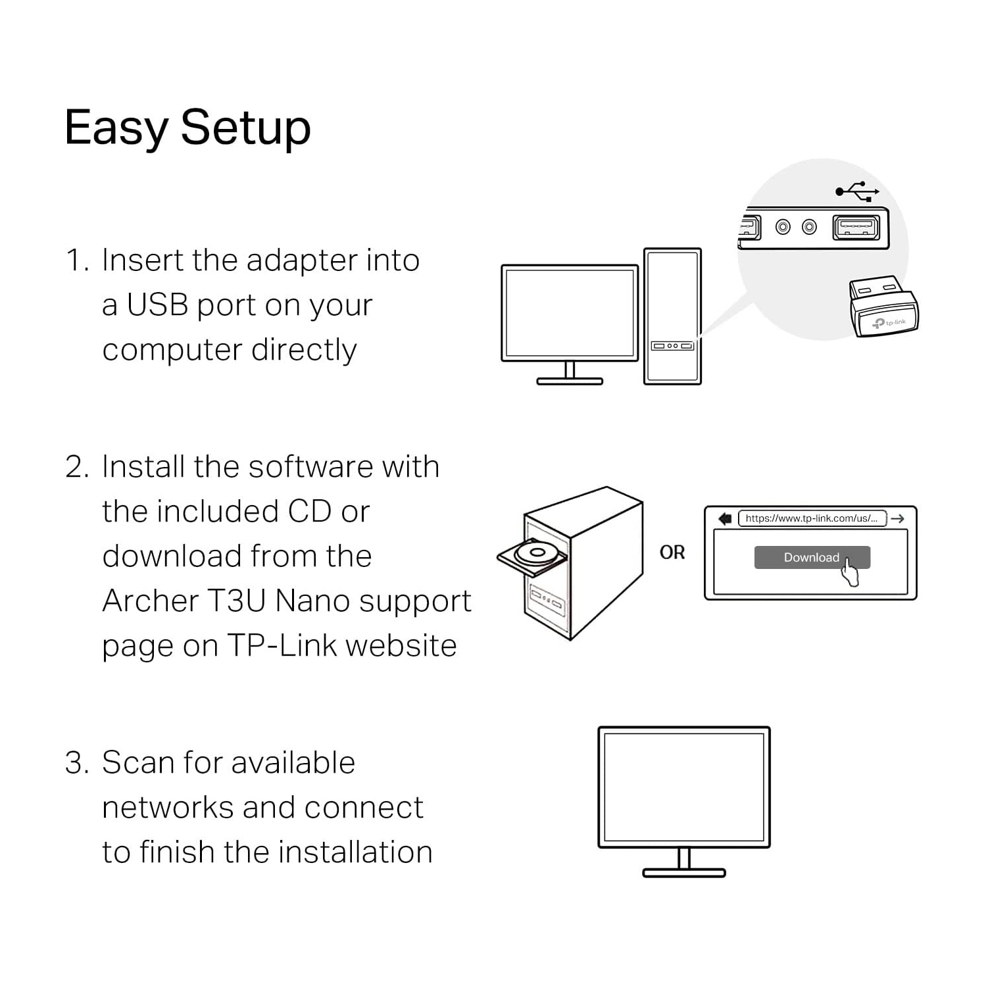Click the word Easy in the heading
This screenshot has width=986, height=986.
116,128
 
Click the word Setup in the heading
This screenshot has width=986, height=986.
245,128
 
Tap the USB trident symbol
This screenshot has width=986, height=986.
856,191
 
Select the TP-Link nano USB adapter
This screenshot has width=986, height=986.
883,308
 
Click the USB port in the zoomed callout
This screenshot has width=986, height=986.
856,228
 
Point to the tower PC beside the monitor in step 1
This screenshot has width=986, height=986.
672,316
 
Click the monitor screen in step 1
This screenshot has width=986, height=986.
570,312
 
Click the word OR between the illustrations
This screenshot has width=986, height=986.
672,553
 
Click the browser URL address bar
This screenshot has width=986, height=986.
812,518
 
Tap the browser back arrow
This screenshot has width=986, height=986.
725,518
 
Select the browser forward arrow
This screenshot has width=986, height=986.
898,518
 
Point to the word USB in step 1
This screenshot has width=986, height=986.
157,305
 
